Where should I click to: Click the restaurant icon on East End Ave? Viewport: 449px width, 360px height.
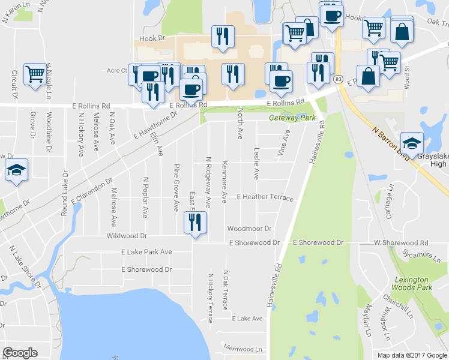point(195,222)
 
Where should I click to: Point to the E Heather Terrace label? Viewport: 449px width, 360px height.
point(265,197)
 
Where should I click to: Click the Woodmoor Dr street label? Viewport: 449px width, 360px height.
point(249,229)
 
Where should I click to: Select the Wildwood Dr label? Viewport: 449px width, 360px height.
point(127,236)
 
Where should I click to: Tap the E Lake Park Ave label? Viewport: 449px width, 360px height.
point(146,252)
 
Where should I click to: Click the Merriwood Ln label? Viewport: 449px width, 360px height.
point(243,349)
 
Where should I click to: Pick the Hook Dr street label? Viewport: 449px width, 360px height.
point(152,38)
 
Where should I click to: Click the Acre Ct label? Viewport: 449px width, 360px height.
point(117,70)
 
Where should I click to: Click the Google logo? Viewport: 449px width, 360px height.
point(20,352)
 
